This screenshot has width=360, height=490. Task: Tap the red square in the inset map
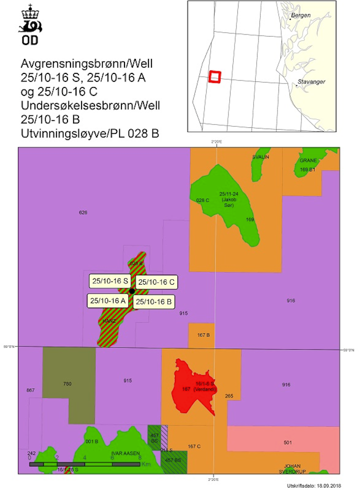tap(214, 76)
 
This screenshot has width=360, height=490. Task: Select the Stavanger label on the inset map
tap(311, 81)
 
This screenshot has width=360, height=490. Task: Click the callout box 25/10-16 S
tap(110, 281)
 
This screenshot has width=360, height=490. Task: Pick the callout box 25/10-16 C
tap(156, 282)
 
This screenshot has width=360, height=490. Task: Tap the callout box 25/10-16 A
tap(107, 301)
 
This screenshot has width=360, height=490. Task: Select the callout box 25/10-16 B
tap(153, 302)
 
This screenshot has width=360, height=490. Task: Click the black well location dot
tap(131, 291)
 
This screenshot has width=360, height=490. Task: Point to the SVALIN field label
tap(260, 157)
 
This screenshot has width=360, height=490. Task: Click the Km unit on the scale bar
tap(146, 464)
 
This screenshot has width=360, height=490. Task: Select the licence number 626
tap(83, 213)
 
